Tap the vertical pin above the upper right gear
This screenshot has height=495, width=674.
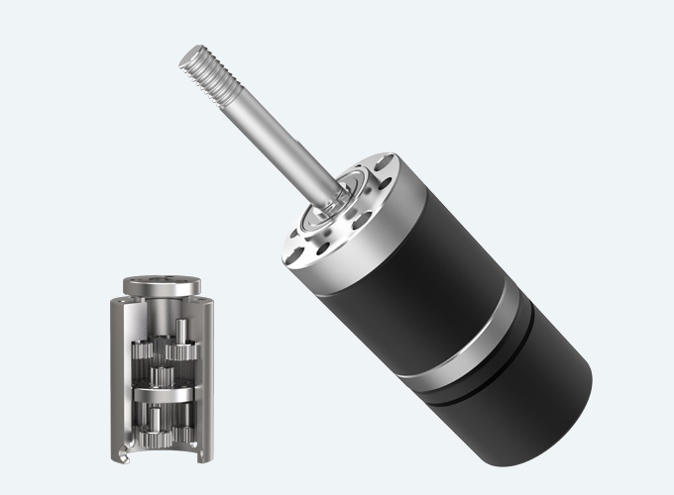coord(181,328)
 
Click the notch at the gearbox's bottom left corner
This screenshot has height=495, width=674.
coord(121,454)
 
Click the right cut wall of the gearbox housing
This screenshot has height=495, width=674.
coord(206,376)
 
